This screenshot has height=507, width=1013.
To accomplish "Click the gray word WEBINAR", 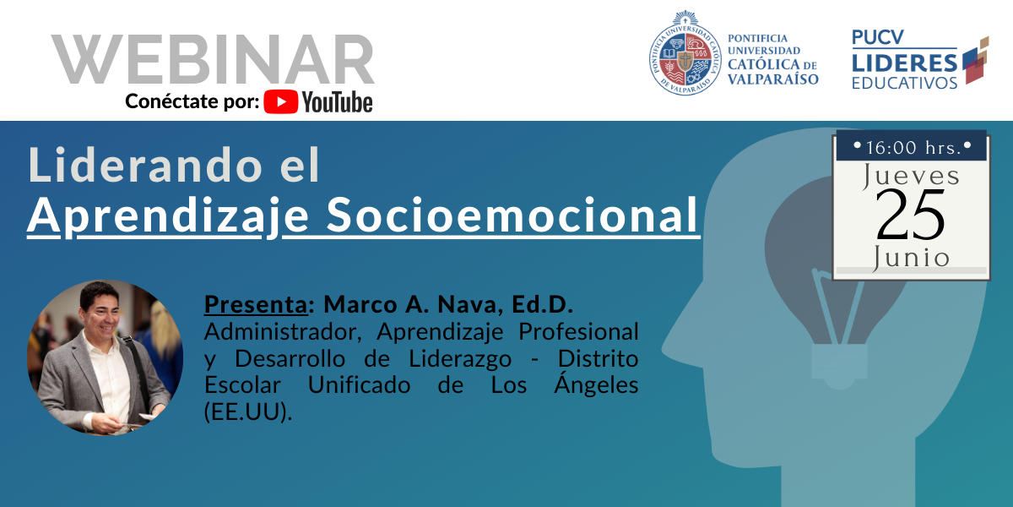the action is click(213, 59).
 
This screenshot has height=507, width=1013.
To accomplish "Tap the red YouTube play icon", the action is click(281, 101).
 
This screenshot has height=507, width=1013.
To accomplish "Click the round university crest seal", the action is click(685, 53).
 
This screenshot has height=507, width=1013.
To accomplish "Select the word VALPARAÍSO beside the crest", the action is click(773, 79).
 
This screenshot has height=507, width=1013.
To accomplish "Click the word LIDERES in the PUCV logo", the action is click(904, 63).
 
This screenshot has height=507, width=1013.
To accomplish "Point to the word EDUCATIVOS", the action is click(904, 83).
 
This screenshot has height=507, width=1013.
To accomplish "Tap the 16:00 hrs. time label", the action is click(913, 148).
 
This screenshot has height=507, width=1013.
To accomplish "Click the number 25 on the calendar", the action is click(910, 215).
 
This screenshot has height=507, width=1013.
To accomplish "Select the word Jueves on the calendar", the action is click(911, 176).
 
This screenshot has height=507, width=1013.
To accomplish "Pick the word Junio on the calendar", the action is click(911, 258).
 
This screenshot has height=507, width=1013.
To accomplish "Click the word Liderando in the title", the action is click(145, 165).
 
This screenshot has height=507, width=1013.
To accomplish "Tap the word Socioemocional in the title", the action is click(512, 215).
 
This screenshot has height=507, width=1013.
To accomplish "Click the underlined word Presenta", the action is click(256, 304).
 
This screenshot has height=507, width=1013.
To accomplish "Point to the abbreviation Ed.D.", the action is click(542, 304).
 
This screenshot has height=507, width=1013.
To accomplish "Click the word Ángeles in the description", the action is click(596, 384).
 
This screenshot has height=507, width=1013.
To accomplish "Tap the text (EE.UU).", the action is click(248, 412).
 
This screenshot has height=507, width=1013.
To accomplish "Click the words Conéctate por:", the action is click(192, 101).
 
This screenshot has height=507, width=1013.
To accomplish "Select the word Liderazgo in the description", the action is click(460, 358).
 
